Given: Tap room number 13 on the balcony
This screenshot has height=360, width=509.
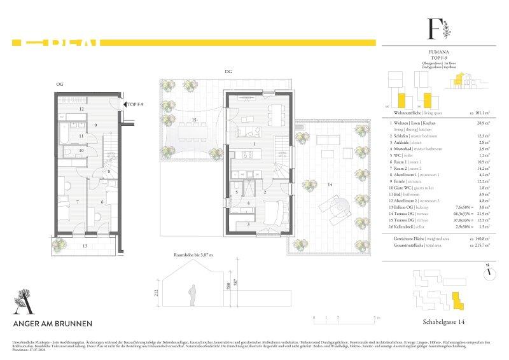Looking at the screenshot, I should point(84,245).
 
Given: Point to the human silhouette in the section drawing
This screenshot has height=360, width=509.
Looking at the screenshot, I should point(192,293).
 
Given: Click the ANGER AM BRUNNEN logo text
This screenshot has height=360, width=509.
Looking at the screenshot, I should point(53,324).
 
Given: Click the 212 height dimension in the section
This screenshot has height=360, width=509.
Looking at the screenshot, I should point(155,293).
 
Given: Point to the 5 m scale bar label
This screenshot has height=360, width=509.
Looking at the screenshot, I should point(377,317).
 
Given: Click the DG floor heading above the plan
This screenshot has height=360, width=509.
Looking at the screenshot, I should point(228,72).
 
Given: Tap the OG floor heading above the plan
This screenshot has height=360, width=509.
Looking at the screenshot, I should point(59,84).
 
